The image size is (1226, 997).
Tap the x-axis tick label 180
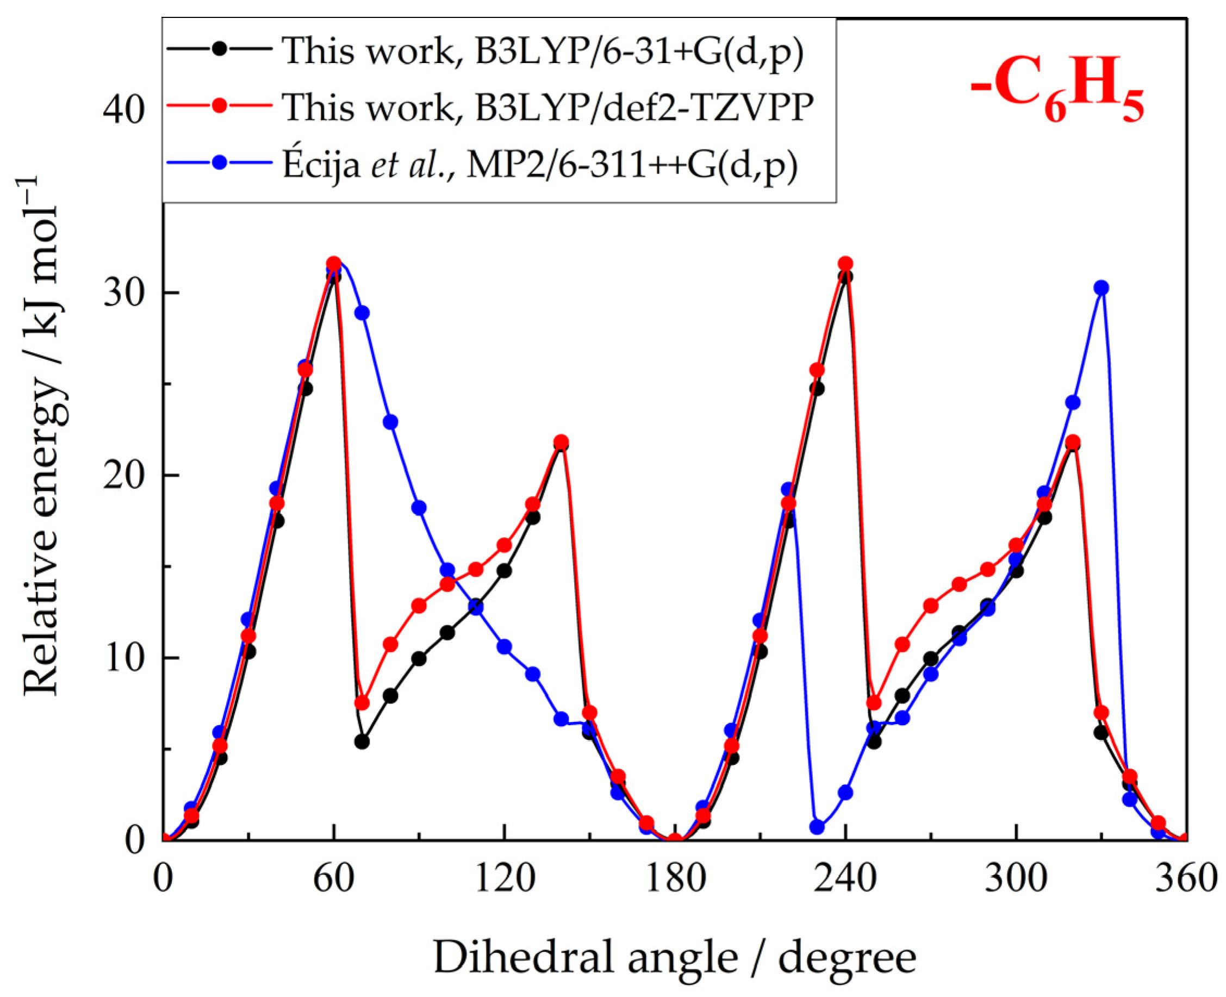tap(675, 879)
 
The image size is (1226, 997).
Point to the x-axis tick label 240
tap(845, 879)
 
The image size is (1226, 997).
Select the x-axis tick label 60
tap(334, 879)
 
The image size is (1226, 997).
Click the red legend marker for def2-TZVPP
tap(219, 106)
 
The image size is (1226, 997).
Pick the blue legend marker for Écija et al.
tap(219, 163)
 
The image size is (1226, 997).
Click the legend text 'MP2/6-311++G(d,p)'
tap(632, 165)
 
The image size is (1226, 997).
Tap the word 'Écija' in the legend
tap(321, 165)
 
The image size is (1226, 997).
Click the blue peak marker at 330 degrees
tap(1101, 288)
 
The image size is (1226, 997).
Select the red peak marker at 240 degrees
tap(845, 264)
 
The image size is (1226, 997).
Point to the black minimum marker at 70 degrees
tap(362, 742)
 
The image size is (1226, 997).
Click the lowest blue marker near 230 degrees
tap(817, 827)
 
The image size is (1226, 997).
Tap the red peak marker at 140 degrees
tap(561, 442)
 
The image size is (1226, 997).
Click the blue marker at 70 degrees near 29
tap(362, 313)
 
